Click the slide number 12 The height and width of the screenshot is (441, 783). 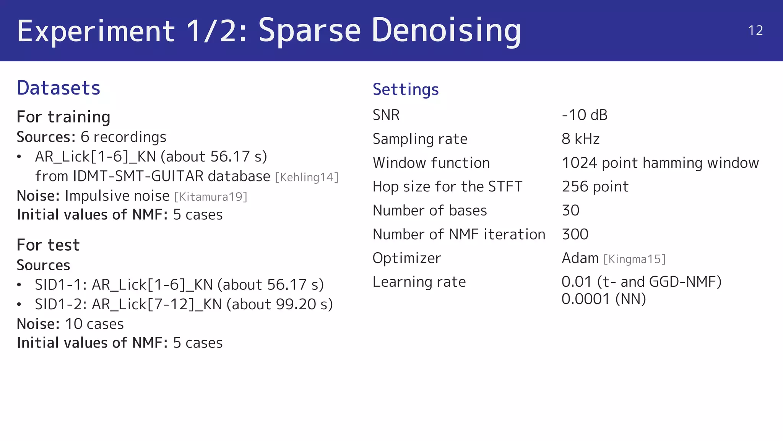(x=755, y=31)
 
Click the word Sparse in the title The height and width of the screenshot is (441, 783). (x=310, y=31)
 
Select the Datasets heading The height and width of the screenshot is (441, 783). (x=58, y=88)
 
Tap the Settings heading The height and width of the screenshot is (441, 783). (x=406, y=90)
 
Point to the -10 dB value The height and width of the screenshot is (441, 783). (x=585, y=115)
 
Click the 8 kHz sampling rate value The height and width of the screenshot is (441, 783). (x=580, y=139)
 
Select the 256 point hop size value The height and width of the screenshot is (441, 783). (x=595, y=186)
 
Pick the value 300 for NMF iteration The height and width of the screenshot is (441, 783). (x=575, y=234)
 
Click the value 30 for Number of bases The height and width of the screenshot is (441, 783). (x=570, y=210)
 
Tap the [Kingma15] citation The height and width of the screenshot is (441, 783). (x=635, y=259)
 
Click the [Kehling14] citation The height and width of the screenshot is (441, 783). (x=307, y=177)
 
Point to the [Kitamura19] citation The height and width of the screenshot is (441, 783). (x=211, y=197)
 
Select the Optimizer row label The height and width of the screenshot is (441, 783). (x=406, y=258)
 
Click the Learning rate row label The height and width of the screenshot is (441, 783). (x=419, y=282)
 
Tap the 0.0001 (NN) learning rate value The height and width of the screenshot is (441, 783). (x=604, y=299)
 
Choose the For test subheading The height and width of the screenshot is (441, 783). (x=48, y=245)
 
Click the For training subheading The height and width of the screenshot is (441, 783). (x=63, y=117)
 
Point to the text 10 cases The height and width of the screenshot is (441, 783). (x=94, y=324)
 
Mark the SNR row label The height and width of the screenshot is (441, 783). (x=386, y=115)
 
